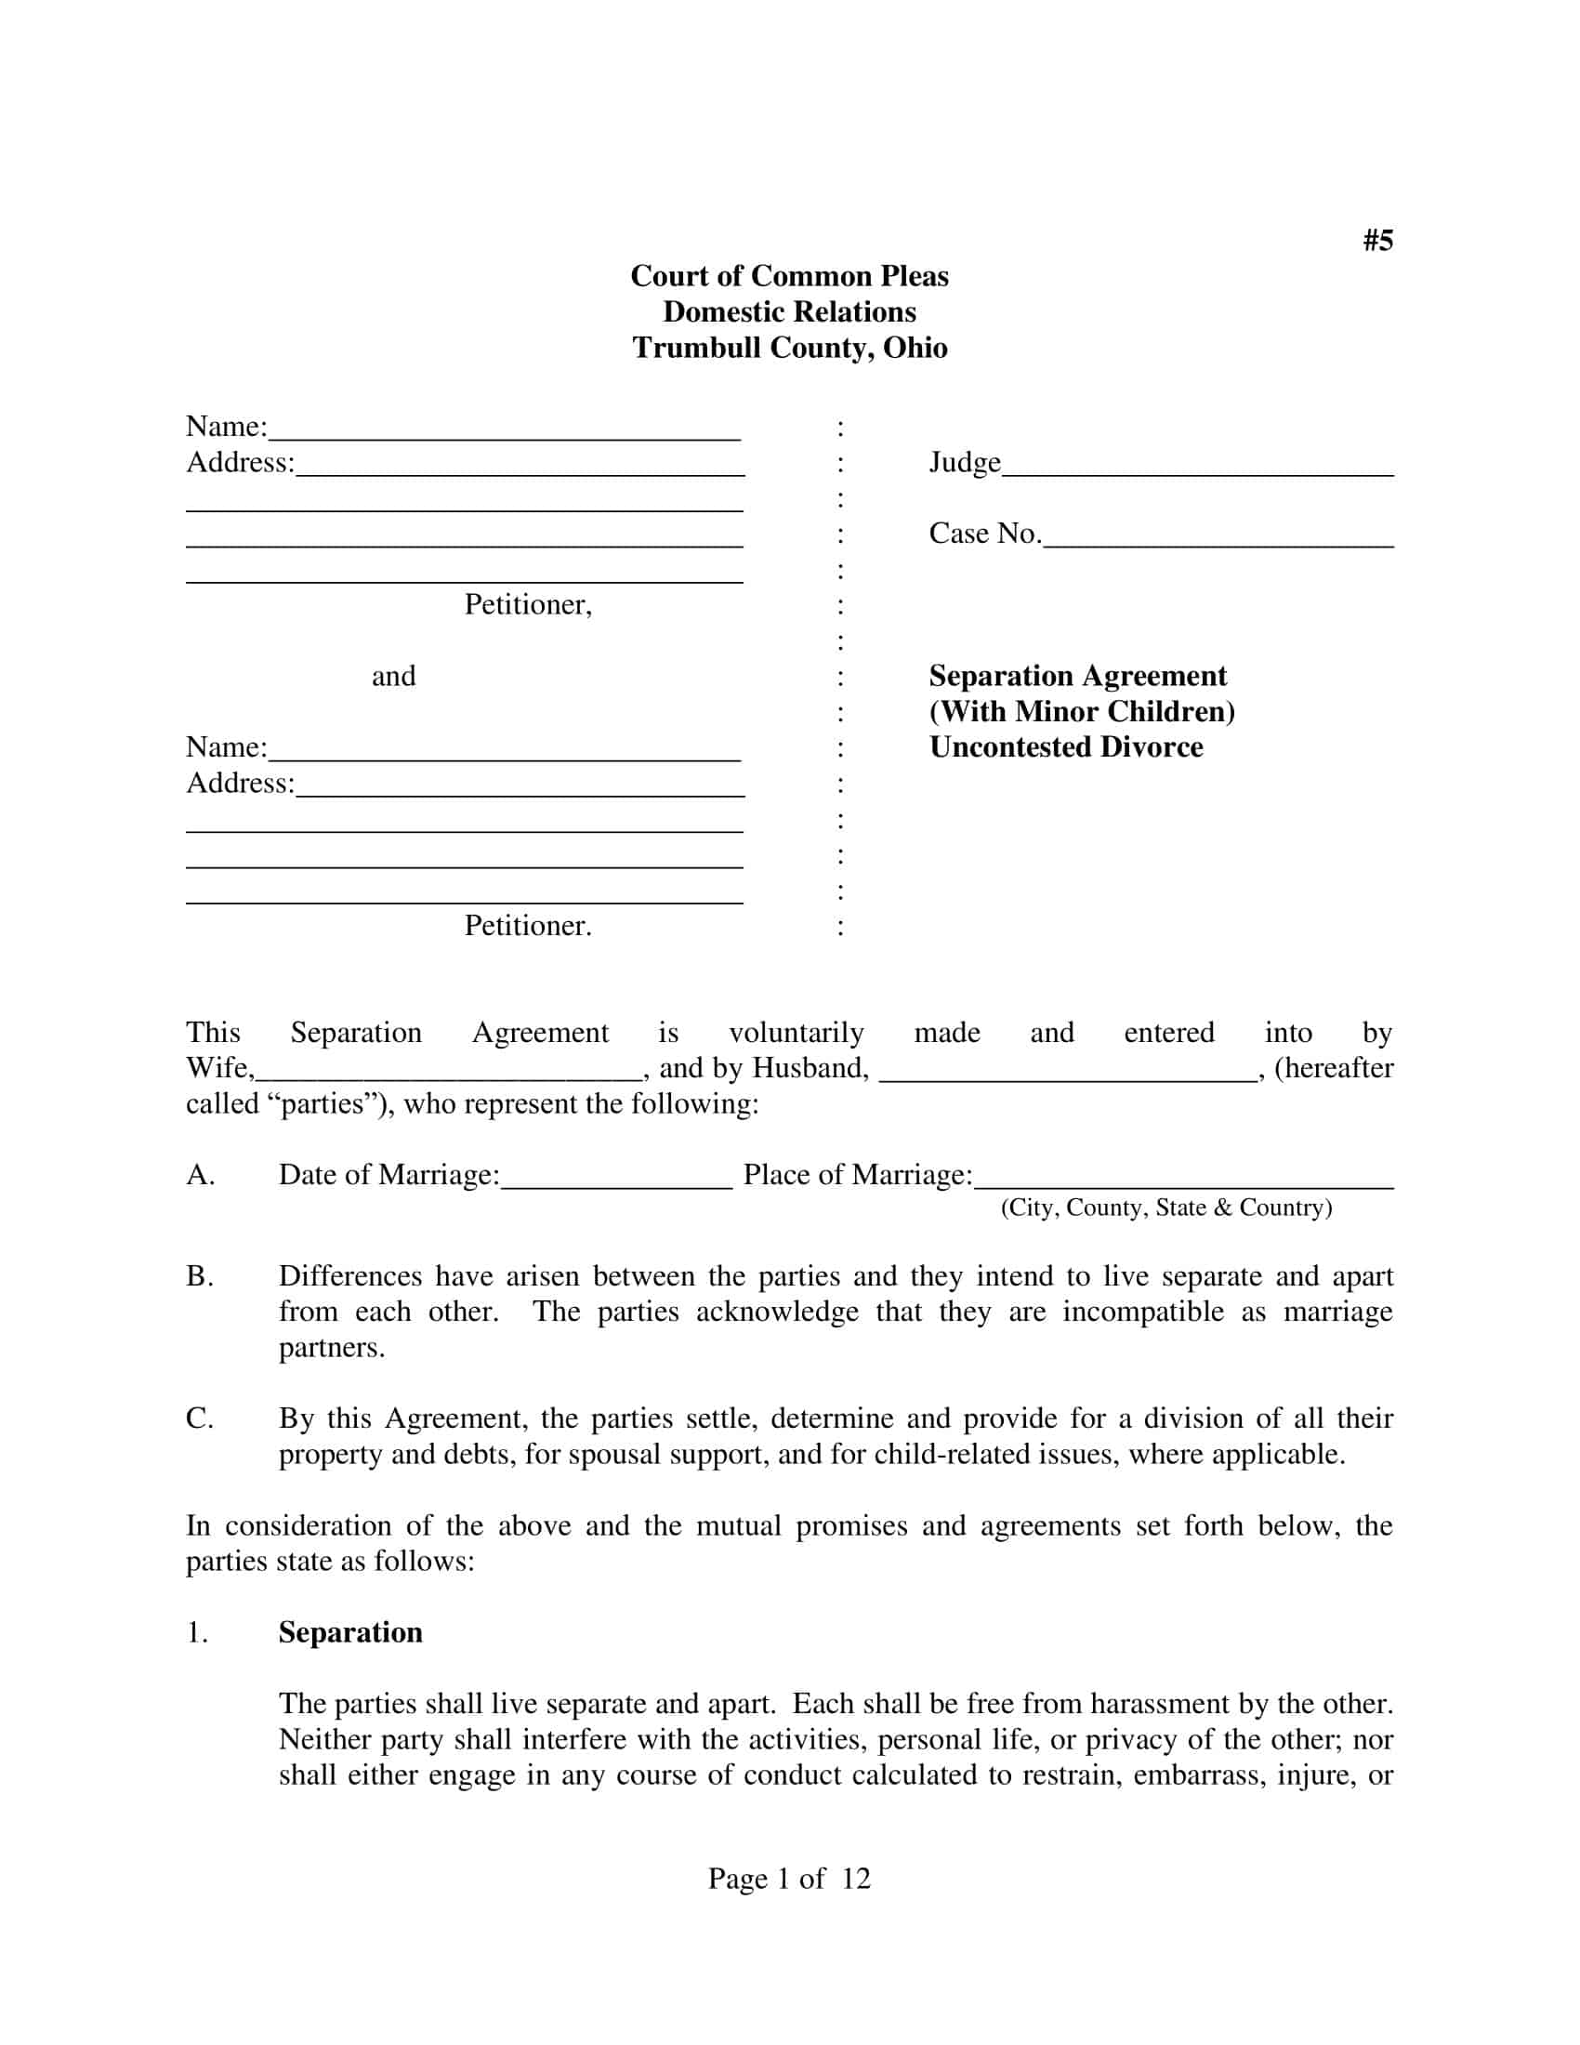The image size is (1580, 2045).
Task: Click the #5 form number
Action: (1376, 241)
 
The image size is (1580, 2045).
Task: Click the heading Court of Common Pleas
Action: (789, 276)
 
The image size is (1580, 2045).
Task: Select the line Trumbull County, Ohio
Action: (789, 348)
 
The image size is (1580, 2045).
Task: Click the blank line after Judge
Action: (1197, 468)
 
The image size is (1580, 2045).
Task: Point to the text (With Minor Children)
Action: (1081, 712)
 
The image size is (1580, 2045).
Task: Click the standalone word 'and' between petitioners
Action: (393, 676)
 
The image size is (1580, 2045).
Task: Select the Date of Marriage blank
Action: (616, 1179)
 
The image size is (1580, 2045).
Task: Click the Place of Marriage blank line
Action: (1183, 1179)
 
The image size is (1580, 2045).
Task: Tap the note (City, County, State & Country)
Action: (1165, 1207)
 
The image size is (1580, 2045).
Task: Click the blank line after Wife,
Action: (449, 1072)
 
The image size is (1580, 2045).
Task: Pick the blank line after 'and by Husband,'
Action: (1067, 1072)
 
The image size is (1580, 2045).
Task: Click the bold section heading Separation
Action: (350, 1633)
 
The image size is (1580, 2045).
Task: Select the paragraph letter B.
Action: (200, 1276)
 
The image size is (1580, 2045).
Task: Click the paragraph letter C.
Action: (200, 1418)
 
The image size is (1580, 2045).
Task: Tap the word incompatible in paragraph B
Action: (1142, 1312)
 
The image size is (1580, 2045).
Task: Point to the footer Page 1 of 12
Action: (789, 1879)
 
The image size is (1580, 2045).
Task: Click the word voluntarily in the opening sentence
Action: (796, 1033)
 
